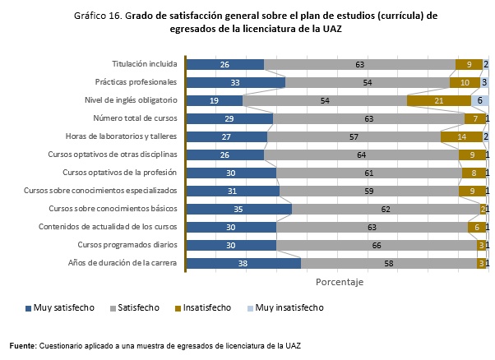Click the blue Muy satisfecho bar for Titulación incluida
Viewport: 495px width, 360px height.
[225, 64]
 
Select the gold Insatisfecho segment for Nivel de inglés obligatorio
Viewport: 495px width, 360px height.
[439, 100]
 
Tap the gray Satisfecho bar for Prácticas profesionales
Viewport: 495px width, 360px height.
[367, 82]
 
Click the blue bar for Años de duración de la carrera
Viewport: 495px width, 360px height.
[243, 263]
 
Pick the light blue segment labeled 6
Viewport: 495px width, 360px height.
[479, 100]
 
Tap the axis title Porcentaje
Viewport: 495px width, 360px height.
[339, 281]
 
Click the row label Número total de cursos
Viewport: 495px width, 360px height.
[135, 118]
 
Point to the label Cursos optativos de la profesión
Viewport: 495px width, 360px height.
[120, 173]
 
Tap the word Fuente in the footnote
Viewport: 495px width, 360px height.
[22, 345]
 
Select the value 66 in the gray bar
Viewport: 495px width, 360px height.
[376, 245]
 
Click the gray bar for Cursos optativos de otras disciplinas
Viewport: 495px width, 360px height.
[361, 155]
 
